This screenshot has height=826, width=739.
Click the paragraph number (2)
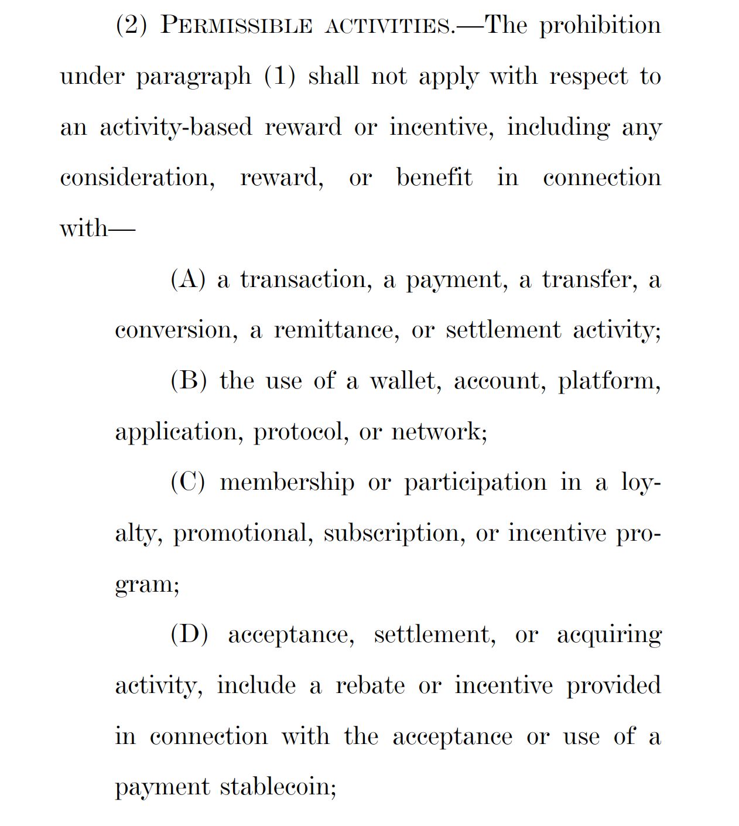click(131, 26)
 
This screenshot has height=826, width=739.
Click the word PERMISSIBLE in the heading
click(236, 26)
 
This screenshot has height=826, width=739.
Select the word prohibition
click(600, 26)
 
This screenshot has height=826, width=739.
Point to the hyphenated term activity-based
click(176, 128)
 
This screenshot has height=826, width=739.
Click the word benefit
click(434, 178)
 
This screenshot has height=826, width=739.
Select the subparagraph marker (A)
click(188, 279)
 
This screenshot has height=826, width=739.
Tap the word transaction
click(306, 279)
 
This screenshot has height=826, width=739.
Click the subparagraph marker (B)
click(189, 381)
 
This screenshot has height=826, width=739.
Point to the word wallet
click(404, 381)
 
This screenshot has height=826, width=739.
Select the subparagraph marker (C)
click(188, 482)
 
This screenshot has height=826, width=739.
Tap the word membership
click(288, 482)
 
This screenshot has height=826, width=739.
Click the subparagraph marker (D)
click(189, 634)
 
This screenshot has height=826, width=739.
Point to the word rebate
click(370, 685)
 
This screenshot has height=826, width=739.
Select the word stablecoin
click(278, 787)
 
